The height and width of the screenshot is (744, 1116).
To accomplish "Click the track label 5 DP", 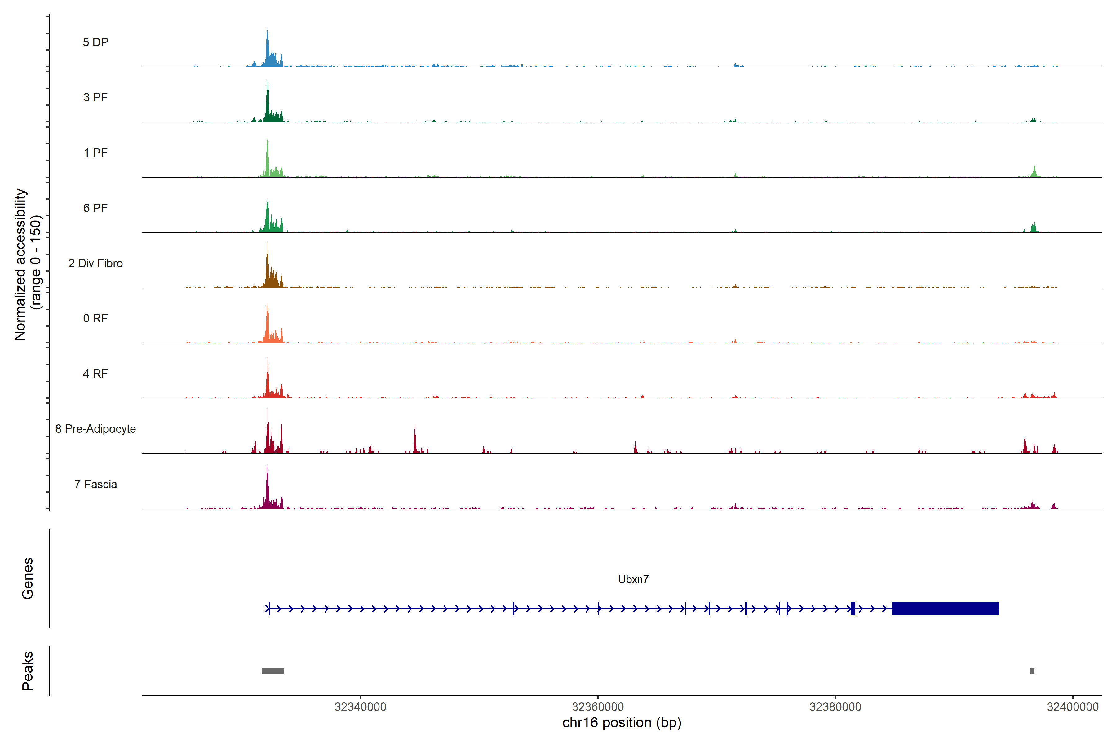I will [x=95, y=42].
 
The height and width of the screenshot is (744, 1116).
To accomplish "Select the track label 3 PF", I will [x=95, y=97].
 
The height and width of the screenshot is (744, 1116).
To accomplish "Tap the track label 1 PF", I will [x=95, y=153].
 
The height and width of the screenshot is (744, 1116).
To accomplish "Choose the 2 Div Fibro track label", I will [x=95, y=263].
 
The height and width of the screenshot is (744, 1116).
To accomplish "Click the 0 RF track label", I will [x=95, y=318].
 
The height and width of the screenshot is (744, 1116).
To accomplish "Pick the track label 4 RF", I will [x=95, y=374].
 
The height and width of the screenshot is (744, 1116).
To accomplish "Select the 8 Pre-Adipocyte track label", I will [x=95, y=429].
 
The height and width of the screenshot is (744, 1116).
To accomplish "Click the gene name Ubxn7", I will [x=633, y=579].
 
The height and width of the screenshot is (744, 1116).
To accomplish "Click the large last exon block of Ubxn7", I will [x=945, y=608].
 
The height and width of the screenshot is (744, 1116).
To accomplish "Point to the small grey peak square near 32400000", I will [x=1032, y=671].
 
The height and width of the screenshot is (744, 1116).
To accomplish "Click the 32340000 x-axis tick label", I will [x=360, y=707].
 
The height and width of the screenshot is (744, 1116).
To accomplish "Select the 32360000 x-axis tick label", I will [x=598, y=707].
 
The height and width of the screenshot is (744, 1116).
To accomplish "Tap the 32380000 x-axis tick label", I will [x=835, y=707].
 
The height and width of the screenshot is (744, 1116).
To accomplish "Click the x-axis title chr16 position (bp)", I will [x=622, y=723].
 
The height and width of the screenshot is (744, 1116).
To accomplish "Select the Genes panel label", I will [x=28, y=578].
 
